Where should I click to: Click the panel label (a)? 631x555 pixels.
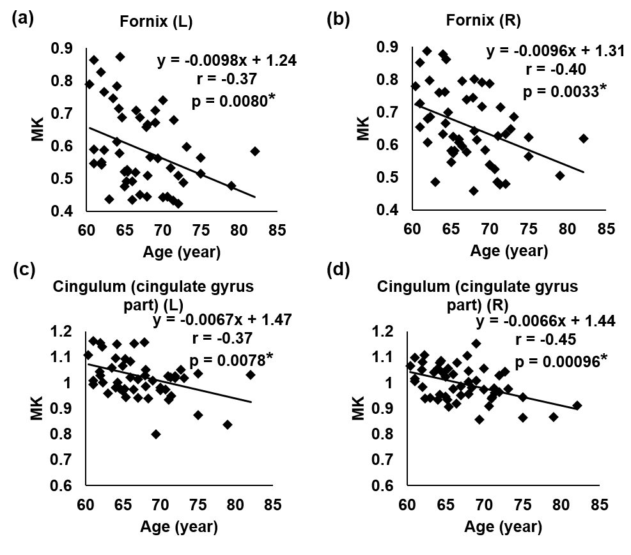(23, 19)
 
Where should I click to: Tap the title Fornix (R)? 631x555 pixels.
(484, 20)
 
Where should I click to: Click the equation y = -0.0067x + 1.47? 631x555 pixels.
(222, 320)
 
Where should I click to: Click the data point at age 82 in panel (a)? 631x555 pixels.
(255, 151)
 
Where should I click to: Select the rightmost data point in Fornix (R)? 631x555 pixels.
(583, 139)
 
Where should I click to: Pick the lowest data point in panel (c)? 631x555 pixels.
(156, 434)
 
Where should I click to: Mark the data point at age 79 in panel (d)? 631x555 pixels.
(554, 416)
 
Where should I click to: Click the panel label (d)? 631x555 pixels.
(338, 270)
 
